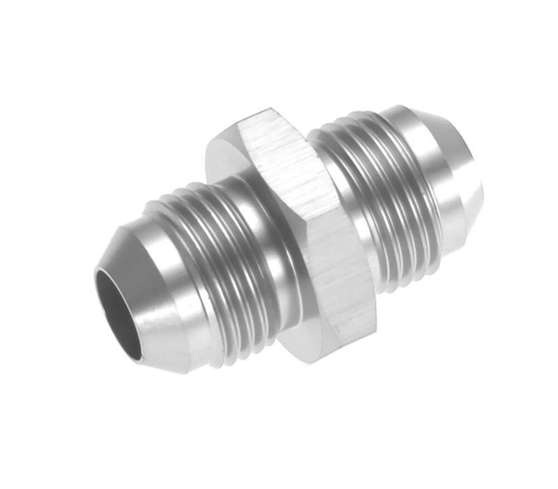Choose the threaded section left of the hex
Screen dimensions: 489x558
(x=209, y=265)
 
